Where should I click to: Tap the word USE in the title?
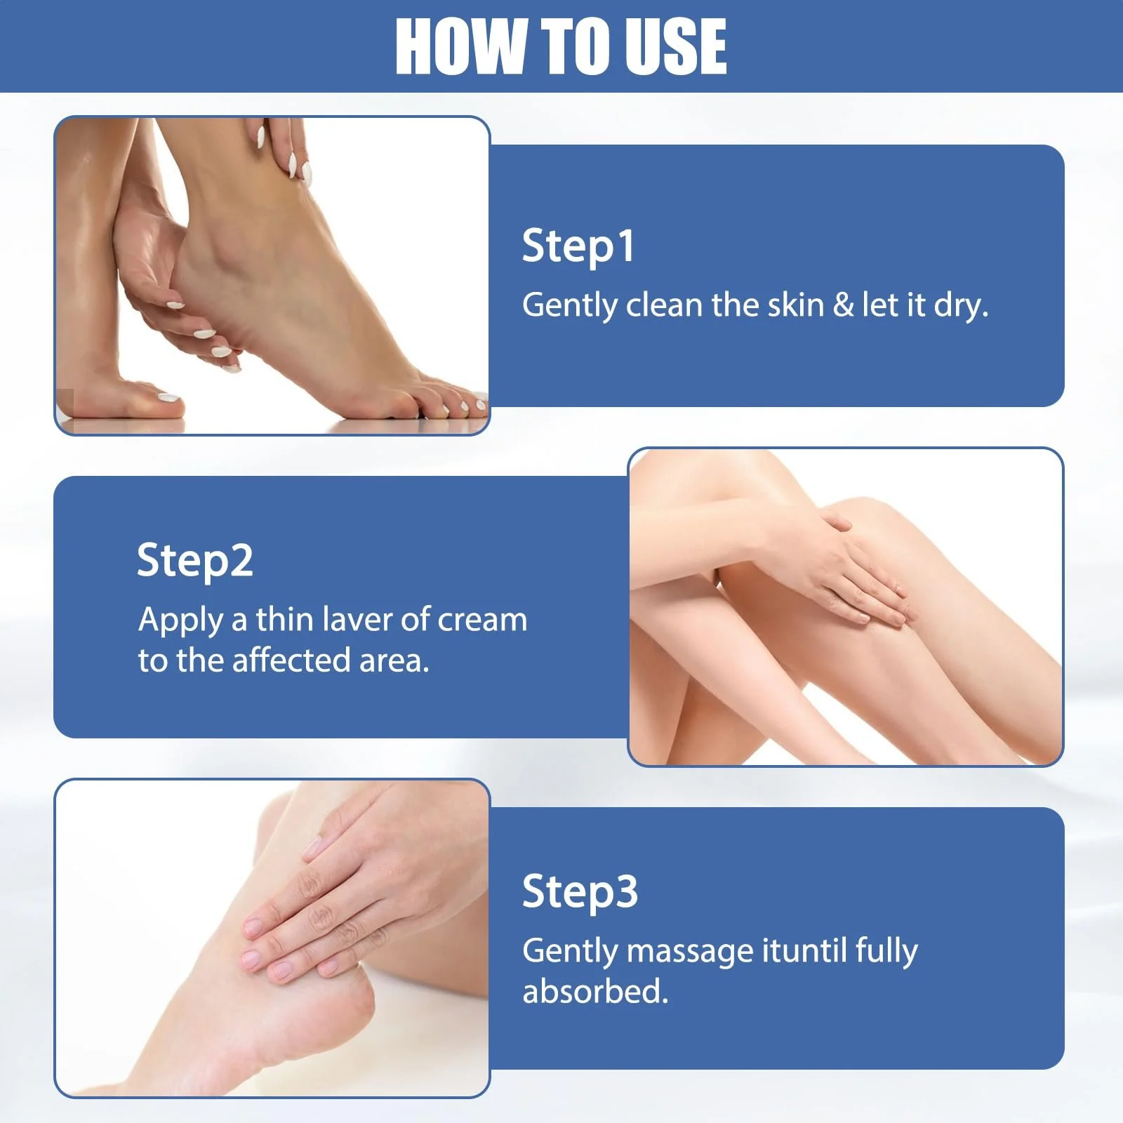tap(676, 46)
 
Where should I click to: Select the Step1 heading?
tap(578, 247)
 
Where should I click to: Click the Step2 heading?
tap(194, 561)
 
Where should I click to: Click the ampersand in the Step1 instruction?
tap(843, 305)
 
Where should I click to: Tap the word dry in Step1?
tap(961, 307)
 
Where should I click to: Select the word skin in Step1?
tap(796, 305)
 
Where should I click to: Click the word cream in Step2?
tap(482, 620)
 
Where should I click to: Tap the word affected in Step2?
tap(291, 660)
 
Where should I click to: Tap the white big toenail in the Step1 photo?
tap(168, 397)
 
